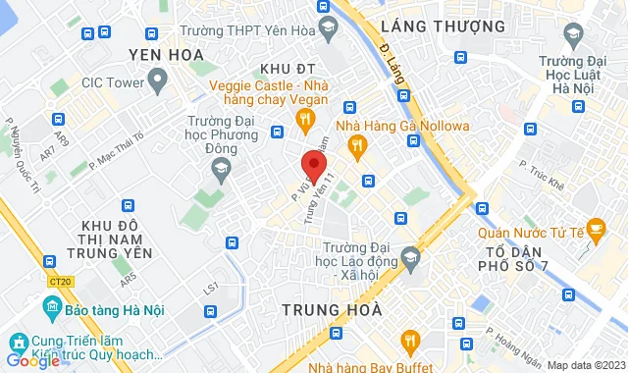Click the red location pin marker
click(313, 164)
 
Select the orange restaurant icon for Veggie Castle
click(304, 121)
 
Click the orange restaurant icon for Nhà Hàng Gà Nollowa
click(357, 147)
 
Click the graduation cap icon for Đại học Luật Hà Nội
click(571, 38)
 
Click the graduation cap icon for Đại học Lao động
click(409, 258)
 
